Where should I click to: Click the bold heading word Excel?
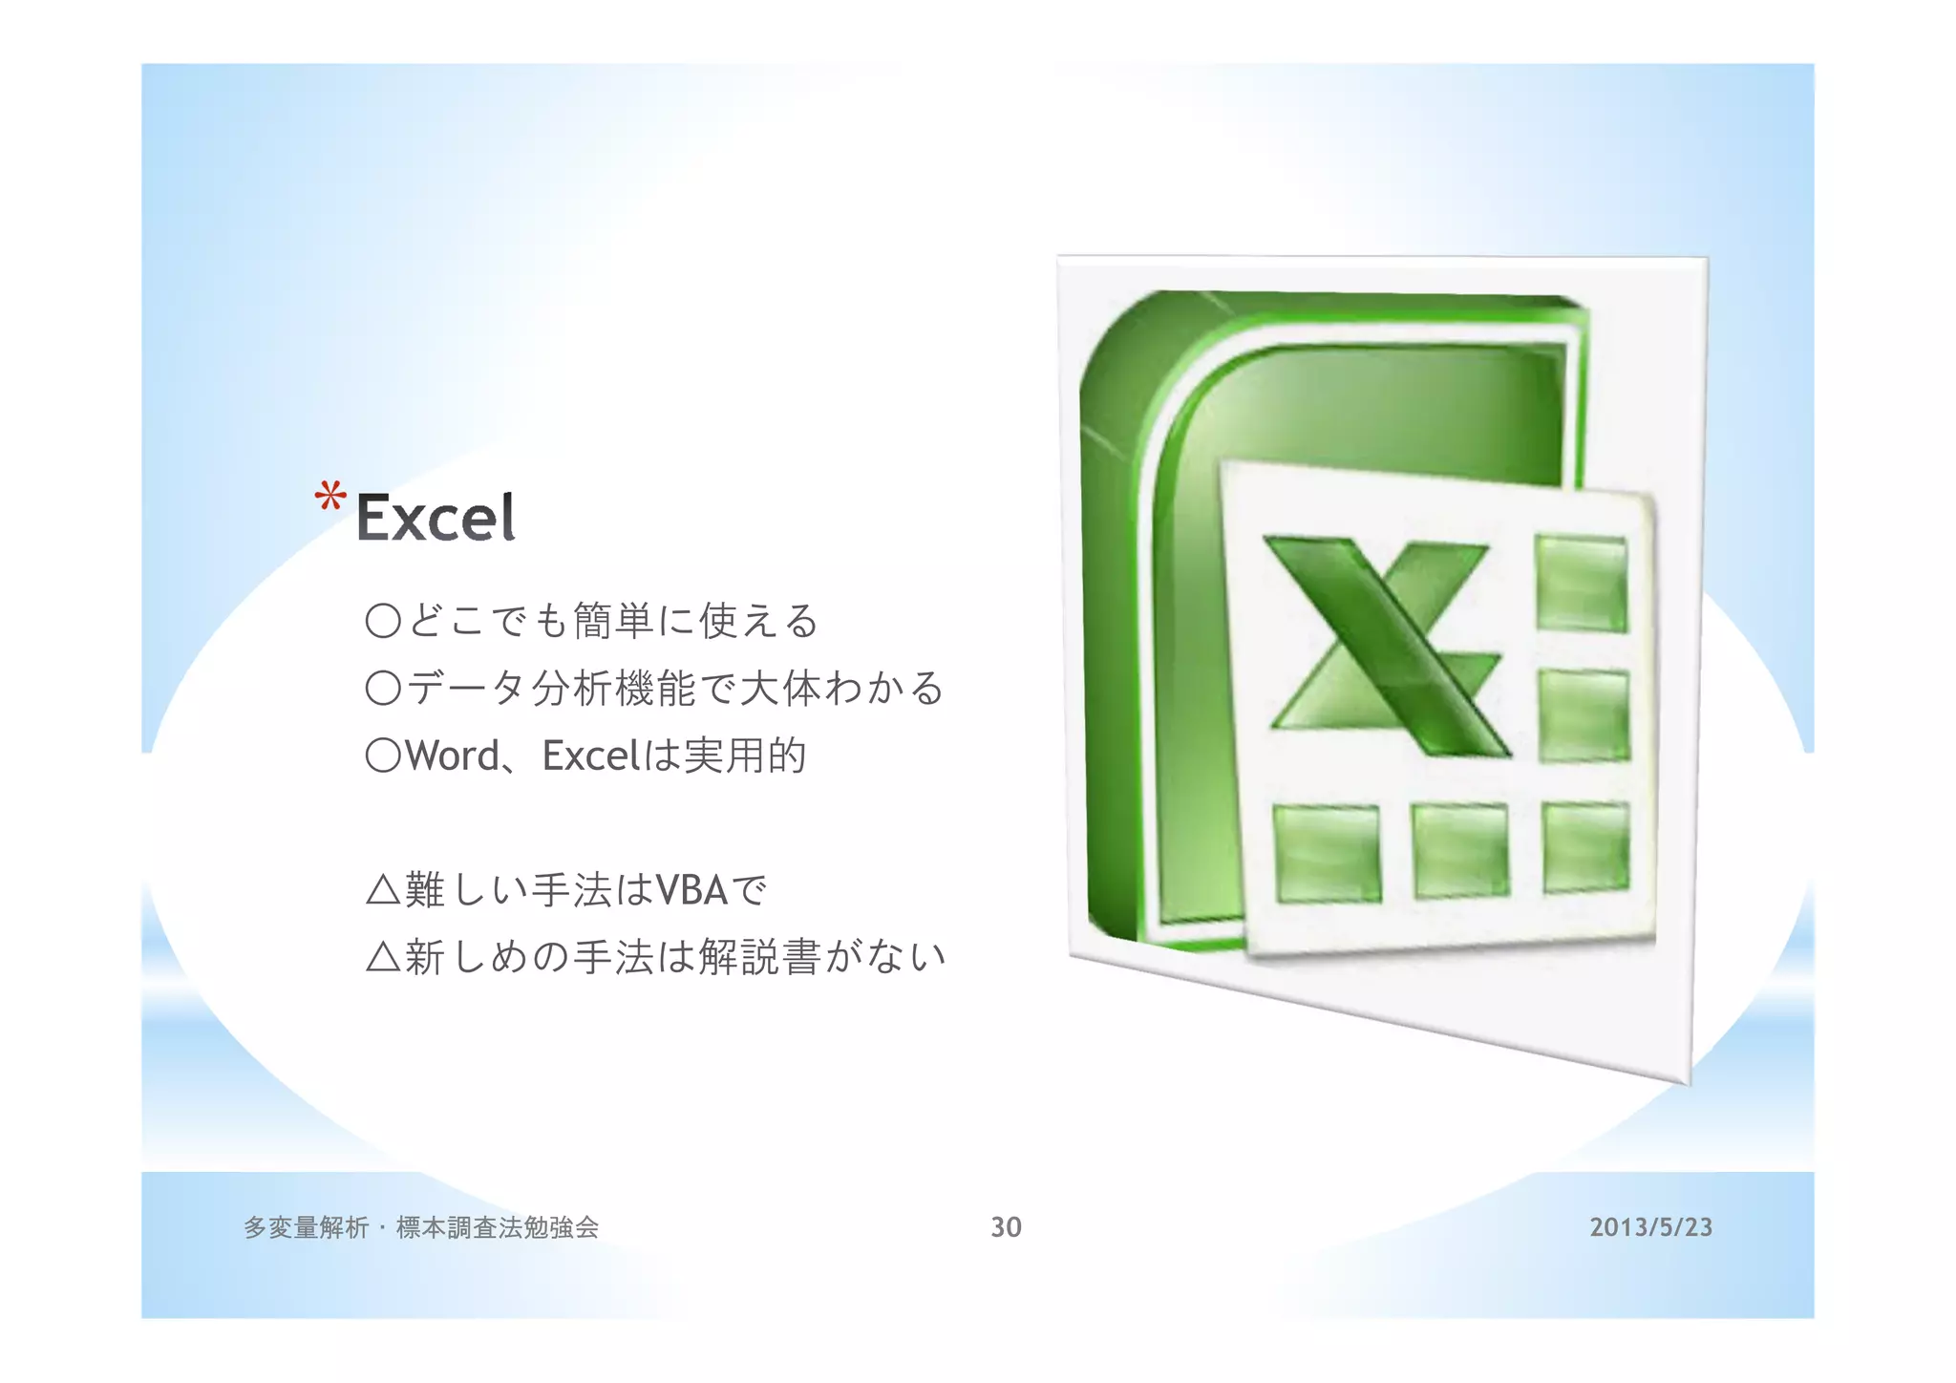pos(436,519)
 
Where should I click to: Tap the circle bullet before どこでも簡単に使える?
pos(383,621)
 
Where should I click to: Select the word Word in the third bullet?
pos(452,756)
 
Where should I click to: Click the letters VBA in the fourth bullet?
pos(691,890)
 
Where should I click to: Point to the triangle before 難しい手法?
pos(383,890)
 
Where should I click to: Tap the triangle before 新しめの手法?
pos(383,956)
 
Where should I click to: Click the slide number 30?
pos(1006,1227)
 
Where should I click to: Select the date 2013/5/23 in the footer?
pos(1650,1227)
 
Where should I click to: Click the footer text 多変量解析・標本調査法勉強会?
pos(421,1227)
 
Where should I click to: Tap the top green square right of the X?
pos(1581,583)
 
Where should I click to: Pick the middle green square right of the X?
pos(1584,714)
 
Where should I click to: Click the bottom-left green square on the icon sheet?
pos(1328,853)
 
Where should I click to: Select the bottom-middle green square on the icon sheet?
pos(1460,850)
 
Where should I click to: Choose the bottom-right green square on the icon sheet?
pos(1585,847)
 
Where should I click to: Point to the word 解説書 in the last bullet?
pos(759,956)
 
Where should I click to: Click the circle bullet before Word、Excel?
pos(383,756)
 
